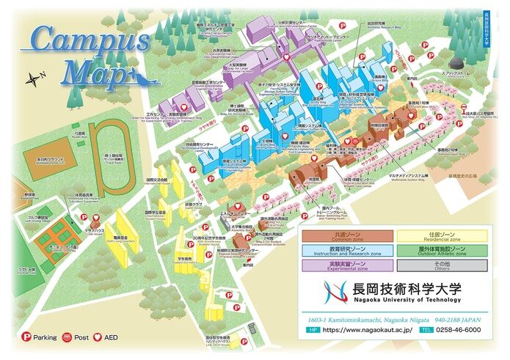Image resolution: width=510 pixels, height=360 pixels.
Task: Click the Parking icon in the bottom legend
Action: tap(23, 337)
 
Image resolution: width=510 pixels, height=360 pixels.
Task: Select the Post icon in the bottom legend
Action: tap(67, 337)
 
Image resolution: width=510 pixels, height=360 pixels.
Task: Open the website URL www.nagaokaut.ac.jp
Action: tap(367, 330)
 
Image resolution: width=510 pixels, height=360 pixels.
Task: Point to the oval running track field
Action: tap(105, 154)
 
